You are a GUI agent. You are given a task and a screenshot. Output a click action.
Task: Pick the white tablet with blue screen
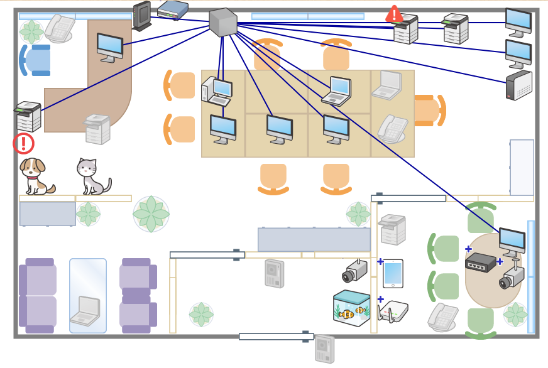(x=393, y=274)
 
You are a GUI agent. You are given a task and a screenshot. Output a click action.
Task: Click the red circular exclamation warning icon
(x=23, y=143)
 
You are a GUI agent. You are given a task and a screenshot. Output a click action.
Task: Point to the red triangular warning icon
(x=394, y=14)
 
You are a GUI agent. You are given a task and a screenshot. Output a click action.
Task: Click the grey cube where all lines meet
(x=222, y=23)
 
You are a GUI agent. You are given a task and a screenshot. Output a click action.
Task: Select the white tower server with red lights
(x=518, y=86)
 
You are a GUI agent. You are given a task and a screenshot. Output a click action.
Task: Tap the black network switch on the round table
(x=481, y=262)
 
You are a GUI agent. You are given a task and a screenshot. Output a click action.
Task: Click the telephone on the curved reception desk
(x=59, y=28)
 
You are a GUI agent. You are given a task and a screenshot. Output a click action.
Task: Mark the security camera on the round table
(x=512, y=275)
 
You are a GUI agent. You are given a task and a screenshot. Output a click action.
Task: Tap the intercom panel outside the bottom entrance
(x=324, y=349)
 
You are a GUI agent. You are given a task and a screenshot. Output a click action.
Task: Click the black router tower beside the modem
(x=142, y=16)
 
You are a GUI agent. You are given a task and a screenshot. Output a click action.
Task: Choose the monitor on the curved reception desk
(x=110, y=47)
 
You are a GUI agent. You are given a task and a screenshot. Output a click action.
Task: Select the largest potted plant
(x=151, y=214)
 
